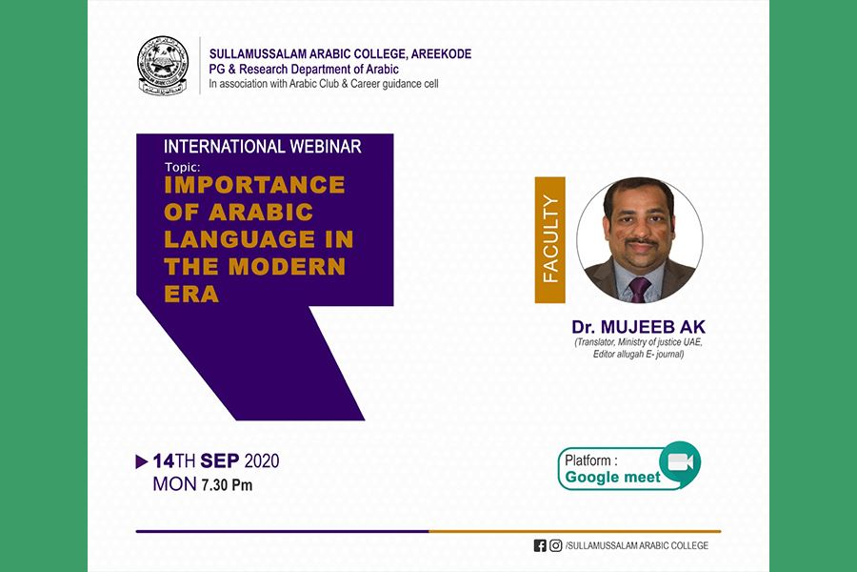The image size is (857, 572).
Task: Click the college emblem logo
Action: (x=162, y=66)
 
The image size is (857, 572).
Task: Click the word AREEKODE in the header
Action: (x=441, y=53)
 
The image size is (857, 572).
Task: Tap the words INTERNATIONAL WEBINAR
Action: (x=263, y=146)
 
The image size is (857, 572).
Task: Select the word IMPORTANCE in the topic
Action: (x=254, y=185)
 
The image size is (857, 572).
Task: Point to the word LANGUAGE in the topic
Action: (x=239, y=239)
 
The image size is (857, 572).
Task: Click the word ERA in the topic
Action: (x=191, y=294)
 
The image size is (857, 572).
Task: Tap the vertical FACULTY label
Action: (x=549, y=239)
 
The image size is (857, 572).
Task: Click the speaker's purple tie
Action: (x=638, y=289)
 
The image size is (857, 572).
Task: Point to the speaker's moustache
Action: (x=641, y=241)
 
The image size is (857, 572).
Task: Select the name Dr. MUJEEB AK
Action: (x=638, y=327)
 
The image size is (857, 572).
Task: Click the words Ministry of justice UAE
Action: (x=660, y=342)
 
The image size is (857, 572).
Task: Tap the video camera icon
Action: (x=680, y=462)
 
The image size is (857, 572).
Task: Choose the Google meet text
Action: (x=612, y=478)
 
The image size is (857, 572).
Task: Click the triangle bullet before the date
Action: (x=142, y=461)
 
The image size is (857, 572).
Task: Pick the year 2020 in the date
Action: (x=261, y=460)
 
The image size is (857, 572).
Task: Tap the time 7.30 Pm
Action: (x=227, y=485)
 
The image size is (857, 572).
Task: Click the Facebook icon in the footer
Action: (x=540, y=545)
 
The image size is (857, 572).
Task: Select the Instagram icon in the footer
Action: (x=556, y=545)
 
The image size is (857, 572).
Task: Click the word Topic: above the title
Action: (x=183, y=168)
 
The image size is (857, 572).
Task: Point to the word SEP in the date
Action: (x=220, y=460)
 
